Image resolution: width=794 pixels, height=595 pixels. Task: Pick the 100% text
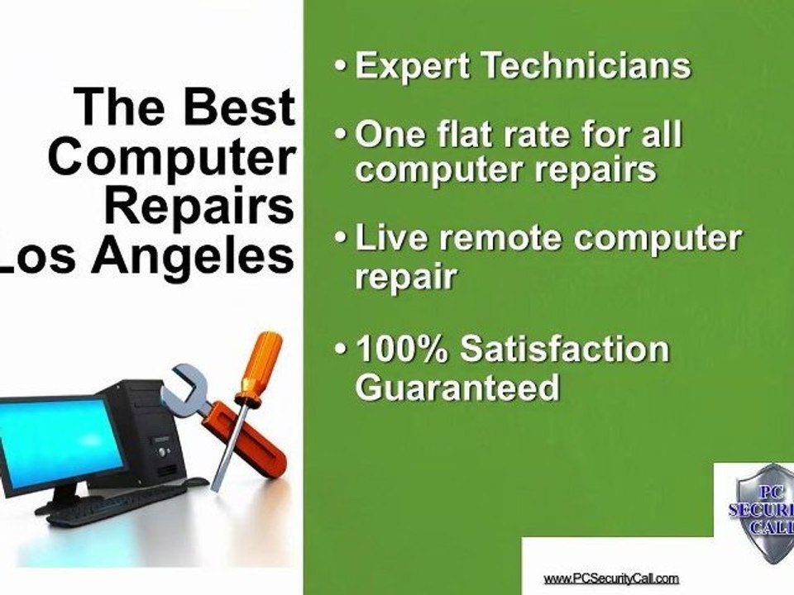tap(402, 350)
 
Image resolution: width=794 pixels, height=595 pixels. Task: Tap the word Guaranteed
tap(457, 388)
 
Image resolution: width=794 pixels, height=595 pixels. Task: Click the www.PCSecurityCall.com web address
tap(611, 578)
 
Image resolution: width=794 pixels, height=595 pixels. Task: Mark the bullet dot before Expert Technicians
tap(341, 66)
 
